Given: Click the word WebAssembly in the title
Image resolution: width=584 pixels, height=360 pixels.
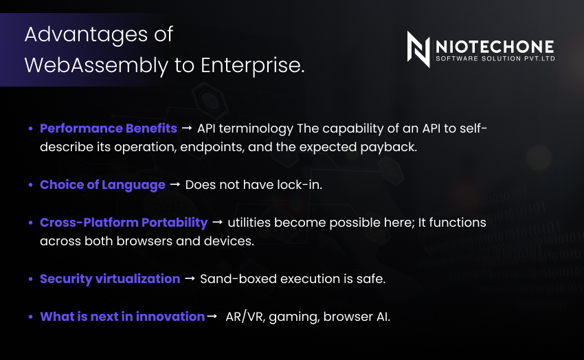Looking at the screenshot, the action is [x=96, y=65].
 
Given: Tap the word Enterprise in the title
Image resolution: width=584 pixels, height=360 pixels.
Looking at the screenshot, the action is [x=253, y=65].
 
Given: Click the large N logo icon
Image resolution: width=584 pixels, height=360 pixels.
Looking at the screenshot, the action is [x=418, y=49].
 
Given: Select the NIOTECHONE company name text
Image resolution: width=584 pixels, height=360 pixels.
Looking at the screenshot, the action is [x=495, y=47].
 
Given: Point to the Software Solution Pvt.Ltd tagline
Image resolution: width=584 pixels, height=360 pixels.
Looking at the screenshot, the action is [x=495, y=58].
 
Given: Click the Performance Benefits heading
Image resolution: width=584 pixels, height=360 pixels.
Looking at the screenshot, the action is [x=109, y=128].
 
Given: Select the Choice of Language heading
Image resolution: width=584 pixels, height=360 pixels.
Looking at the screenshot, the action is [x=102, y=185].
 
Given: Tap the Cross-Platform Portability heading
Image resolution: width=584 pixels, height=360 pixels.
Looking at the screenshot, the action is [x=124, y=223].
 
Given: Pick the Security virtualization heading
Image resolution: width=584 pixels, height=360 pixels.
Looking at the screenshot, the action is [x=110, y=279].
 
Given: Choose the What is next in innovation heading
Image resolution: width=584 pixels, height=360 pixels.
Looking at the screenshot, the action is [x=122, y=317].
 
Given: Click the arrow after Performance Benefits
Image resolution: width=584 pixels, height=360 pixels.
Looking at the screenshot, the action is [x=187, y=128].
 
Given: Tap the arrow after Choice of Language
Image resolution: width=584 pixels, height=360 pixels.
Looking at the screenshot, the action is [x=175, y=185].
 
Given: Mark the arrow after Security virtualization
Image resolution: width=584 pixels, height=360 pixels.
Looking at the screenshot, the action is [x=190, y=278].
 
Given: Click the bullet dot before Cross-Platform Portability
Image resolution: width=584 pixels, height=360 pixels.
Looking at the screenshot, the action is [x=30, y=223].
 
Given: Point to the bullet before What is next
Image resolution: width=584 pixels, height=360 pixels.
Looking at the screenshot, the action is [x=30, y=317].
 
